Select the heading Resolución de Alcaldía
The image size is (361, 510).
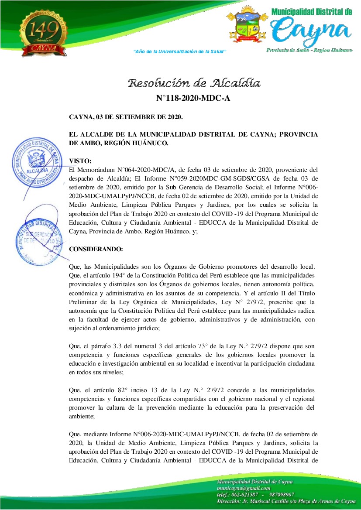[x=194, y=83]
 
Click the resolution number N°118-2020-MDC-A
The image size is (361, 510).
[x=193, y=99]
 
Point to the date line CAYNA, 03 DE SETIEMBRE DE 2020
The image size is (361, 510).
[x=126, y=117]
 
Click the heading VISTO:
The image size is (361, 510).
[x=80, y=161]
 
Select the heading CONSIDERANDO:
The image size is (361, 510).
[x=96, y=249]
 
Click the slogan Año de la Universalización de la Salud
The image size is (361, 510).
[x=179, y=51]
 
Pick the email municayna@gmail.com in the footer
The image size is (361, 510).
[x=244, y=488]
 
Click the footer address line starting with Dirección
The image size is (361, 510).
[x=286, y=502]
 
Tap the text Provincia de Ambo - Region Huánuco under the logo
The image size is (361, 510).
[x=309, y=51]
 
